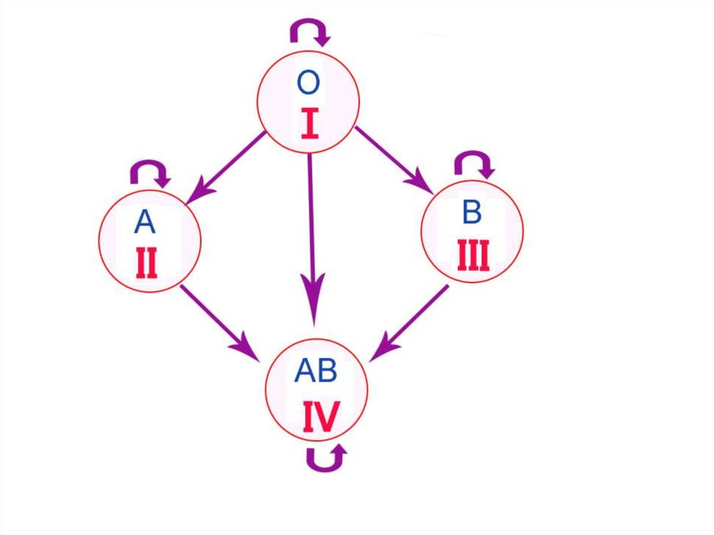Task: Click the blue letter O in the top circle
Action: point(308,83)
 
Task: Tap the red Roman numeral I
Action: point(310,123)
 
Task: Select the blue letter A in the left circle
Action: point(144,223)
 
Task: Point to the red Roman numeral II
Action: point(146,262)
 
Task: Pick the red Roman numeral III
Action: point(473,255)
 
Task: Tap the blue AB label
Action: point(316,372)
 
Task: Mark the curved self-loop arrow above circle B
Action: point(473,163)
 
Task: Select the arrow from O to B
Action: point(392,158)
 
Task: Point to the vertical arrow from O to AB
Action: point(311,230)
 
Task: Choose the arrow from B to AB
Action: point(411,322)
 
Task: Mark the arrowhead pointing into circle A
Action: point(198,190)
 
